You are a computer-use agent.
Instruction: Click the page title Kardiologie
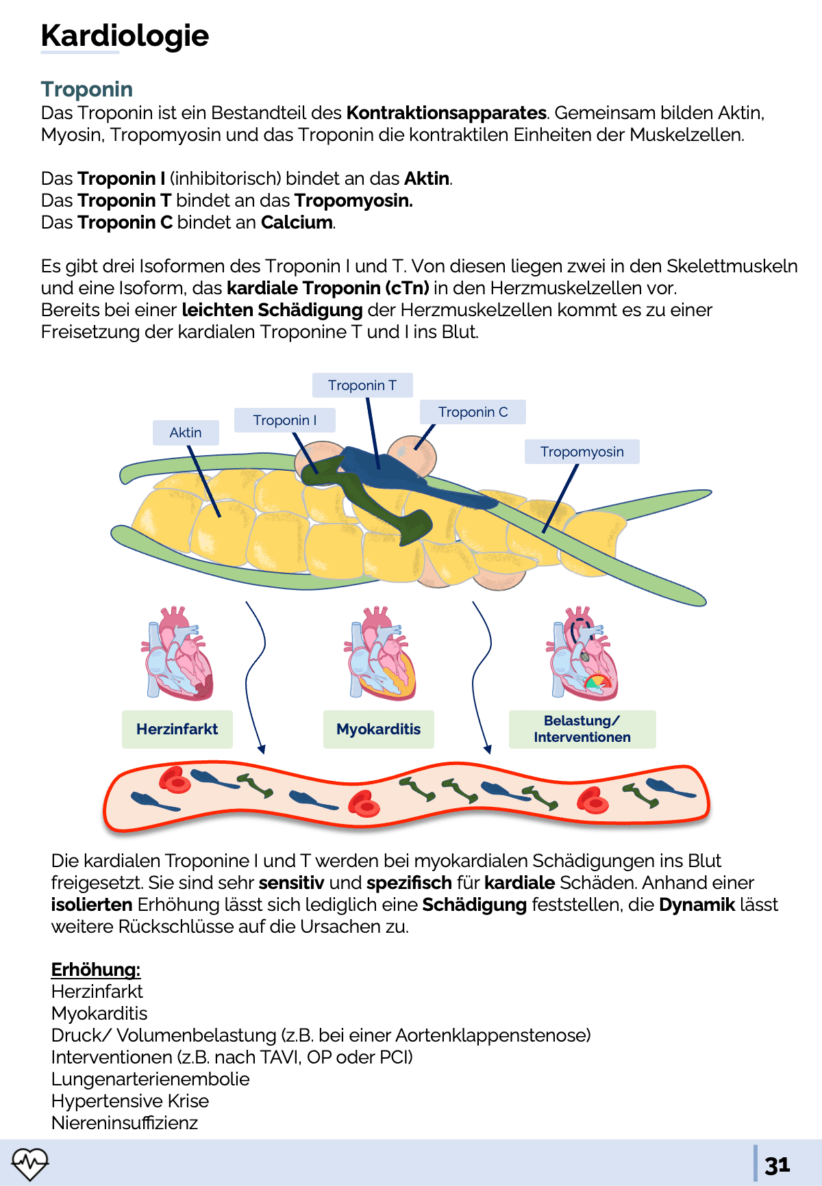tap(125, 36)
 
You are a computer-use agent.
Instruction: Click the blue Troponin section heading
tap(87, 89)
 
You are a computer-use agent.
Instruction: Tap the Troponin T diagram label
tap(362, 385)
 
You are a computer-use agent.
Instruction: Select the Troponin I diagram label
tap(284, 420)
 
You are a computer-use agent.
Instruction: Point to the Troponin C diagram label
tap(473, 412)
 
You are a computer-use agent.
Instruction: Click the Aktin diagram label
tap(186, 433)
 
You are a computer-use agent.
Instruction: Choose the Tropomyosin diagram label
tap(582, 452)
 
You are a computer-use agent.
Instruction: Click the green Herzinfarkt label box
tap(177, 729)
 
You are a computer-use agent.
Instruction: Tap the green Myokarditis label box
tap(378, 729)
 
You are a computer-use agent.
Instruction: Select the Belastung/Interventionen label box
tap(582, 729)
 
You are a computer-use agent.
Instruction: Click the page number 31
tap(777, 1165)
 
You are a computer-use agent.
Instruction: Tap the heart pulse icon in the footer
tap(29, 1163)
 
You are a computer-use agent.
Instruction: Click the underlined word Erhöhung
tap(96, 970)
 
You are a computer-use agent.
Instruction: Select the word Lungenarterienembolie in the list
tap(150, 1079)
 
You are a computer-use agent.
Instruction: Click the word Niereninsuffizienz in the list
tap(125, 1123)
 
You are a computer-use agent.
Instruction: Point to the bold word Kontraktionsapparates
tap(446, 113)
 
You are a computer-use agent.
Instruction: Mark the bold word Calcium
tap(297, 222)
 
